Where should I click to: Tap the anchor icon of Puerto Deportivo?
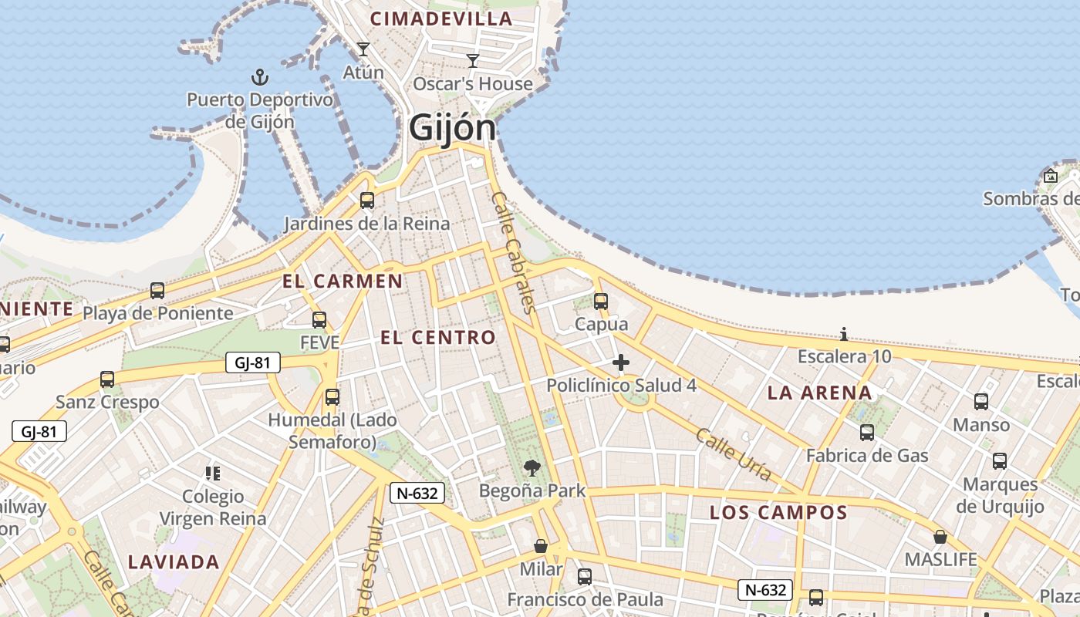click(260, 77)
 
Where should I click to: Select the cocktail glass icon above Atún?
click(363, 50)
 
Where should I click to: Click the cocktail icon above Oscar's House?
click(473, 60)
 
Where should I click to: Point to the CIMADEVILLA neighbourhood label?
click(441, 19)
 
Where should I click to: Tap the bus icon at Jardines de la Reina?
click(367, 201)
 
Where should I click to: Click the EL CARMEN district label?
click(343, 281)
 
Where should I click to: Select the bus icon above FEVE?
click(319, 319)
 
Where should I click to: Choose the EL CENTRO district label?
click(438, 337)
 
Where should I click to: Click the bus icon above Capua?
click(601, 302)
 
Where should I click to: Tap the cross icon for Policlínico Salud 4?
click(621, 362)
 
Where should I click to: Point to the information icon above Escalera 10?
click(844, 334)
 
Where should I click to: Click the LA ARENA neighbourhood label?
click(819, 393)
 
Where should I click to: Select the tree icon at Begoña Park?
click(532, 467)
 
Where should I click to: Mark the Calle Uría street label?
click(733, 454)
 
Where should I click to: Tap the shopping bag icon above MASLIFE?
click(940, 537)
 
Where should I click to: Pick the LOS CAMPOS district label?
click(778, 512)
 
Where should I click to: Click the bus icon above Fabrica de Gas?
click(867, 433)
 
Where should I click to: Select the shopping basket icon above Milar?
click(541, 546)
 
